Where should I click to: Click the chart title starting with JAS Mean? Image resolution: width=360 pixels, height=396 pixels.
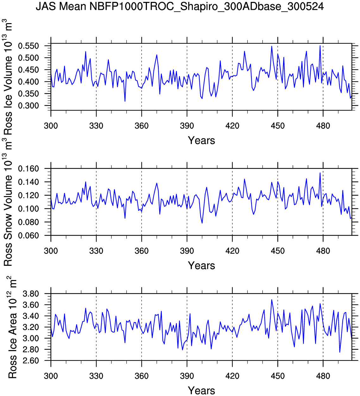tap(180, 6)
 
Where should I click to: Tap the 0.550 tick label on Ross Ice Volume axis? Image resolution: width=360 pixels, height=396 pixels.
tap(28, 46)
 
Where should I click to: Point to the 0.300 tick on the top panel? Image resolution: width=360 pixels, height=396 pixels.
tap(28, 105)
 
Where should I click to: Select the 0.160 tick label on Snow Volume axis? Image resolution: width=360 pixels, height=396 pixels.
tap(28, 169)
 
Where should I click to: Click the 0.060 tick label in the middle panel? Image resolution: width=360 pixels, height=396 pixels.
tap(28, 235)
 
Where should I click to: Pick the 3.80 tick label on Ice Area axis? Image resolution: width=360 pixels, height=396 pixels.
tap(31, 294)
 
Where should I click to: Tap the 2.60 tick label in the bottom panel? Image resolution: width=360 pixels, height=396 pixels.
tap(31, 361)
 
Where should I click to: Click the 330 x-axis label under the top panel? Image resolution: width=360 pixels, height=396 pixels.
tap(96, 126)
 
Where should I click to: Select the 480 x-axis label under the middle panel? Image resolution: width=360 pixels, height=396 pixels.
tap(323, 251)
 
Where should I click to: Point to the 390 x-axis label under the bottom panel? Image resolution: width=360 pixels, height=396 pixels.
tap(187, 376)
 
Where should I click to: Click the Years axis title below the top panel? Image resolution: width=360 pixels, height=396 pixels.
tap(201, 140)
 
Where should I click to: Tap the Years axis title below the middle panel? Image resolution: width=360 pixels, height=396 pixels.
tap(201, 265)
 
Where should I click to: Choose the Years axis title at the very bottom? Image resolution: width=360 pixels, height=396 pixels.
tap(201, 390)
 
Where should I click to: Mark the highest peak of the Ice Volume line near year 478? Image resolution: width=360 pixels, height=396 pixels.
tap(320, 46)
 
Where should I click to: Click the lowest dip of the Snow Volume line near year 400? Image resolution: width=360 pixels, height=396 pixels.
tap(202, 223)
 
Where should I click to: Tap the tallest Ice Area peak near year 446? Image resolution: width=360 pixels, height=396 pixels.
tap(272, 300)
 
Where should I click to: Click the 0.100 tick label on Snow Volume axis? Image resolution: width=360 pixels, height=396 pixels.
tap(28, 209)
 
